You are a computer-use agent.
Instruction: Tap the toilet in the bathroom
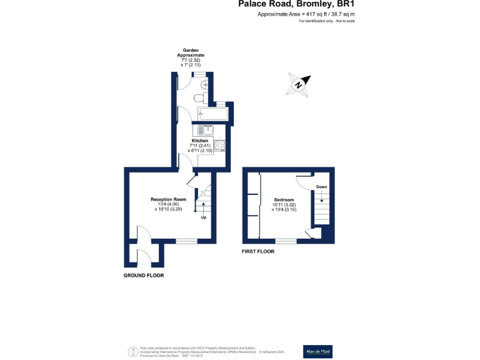point(198,98)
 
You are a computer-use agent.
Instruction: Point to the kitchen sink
point(205,130)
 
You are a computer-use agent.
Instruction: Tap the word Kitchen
point(200,141)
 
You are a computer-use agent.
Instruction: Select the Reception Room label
point(168,199)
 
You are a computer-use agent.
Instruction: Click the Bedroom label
point(283,199)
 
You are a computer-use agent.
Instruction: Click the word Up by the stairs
point(204,217)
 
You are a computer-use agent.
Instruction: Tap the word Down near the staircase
point(321,187)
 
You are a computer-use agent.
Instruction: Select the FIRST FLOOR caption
point(258,251)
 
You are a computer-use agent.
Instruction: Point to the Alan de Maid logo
point(317,349)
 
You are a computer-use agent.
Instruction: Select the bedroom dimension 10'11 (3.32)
point(283,205)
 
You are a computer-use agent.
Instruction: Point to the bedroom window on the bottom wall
point(286,241)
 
